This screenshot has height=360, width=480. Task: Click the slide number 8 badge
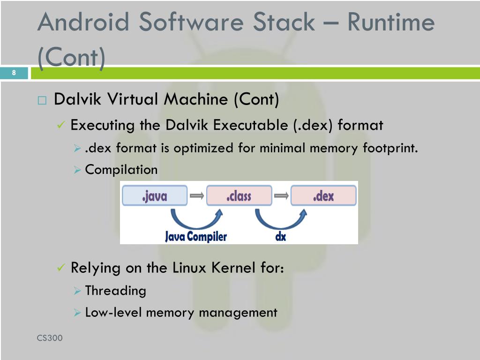14,73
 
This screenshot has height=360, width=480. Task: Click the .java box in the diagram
154,195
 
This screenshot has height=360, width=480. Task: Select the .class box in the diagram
239,195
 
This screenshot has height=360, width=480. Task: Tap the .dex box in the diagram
323,195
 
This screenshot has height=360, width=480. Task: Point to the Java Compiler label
195,237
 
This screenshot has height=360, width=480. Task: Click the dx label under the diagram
280,237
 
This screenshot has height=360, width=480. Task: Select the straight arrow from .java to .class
197,195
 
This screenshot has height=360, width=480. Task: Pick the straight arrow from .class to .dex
281,195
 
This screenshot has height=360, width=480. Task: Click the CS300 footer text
50,338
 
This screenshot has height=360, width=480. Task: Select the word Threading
115,291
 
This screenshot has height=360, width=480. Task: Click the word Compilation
121,170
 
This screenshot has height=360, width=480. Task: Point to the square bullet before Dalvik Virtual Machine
43,100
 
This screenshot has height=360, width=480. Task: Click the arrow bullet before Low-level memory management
78,313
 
